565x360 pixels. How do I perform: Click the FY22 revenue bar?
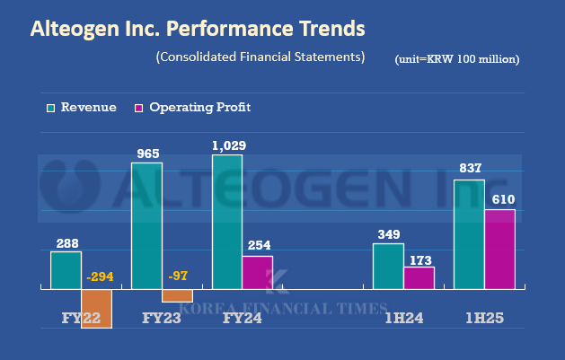click(x=66, y=270)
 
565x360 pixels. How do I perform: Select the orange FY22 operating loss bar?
click(x=96, y=308)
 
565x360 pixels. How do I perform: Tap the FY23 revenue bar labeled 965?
click(x=146, y=225)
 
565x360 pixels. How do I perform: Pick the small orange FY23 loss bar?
click(x=177, y=295)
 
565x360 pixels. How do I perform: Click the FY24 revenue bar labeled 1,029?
click(x=226, y=222)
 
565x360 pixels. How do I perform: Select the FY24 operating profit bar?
click(x=257, y=272)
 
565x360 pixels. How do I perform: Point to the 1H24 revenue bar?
click(x=388, y=266)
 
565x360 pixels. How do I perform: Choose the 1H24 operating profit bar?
click(x=419, y=277)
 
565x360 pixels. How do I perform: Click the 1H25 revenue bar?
click(x=470, y=234)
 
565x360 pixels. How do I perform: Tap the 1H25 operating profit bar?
click(x=500, y=249)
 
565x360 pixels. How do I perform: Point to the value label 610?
click(x=501, y=199)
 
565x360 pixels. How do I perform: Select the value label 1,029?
click(x=228, y=145)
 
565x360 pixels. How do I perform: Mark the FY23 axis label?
click(x=163, y=317)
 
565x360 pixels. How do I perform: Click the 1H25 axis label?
click(x=485, y=317)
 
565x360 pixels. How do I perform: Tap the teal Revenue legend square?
click(x=51, y=108)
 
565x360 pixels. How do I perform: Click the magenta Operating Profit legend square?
click(x=138, y=108)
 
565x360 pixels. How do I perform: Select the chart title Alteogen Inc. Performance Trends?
click(x=198, y=29)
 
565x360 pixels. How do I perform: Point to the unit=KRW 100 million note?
click(x=456, y=59)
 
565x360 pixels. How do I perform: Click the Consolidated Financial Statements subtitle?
click(x=260, y=57)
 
